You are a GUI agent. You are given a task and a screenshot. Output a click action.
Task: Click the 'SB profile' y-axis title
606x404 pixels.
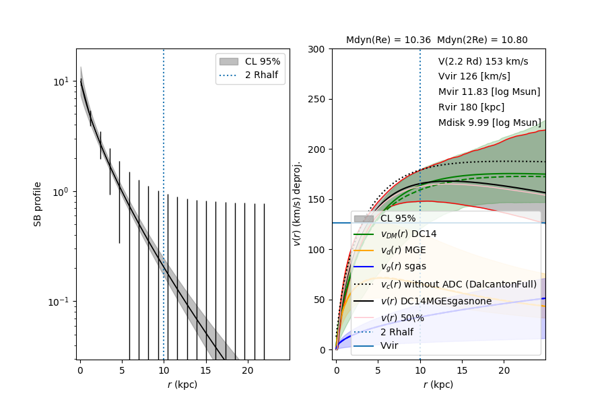point(38,204)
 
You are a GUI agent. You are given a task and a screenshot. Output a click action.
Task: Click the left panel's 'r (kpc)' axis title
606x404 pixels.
point(182,384)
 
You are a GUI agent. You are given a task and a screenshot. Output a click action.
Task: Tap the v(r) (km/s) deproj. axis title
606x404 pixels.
point(296,203)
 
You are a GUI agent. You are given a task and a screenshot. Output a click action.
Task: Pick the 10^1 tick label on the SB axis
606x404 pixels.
point(61,81)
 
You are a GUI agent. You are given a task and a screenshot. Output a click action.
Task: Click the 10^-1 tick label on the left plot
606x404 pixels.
point(59,301)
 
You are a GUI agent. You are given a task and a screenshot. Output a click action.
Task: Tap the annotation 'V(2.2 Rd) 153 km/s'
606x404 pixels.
point(483,61)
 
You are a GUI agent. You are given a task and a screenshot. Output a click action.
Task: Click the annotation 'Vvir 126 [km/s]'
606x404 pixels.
point(474,77)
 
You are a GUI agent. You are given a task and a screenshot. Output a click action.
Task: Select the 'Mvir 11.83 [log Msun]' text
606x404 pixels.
point(489,92)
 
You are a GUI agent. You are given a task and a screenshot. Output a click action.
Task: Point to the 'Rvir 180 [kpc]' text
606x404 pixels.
point(471,107)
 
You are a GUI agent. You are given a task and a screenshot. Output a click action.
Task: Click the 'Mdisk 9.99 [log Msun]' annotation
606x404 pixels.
point(490,123)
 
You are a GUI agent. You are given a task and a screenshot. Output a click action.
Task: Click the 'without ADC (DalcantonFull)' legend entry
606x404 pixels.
point(459,284)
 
